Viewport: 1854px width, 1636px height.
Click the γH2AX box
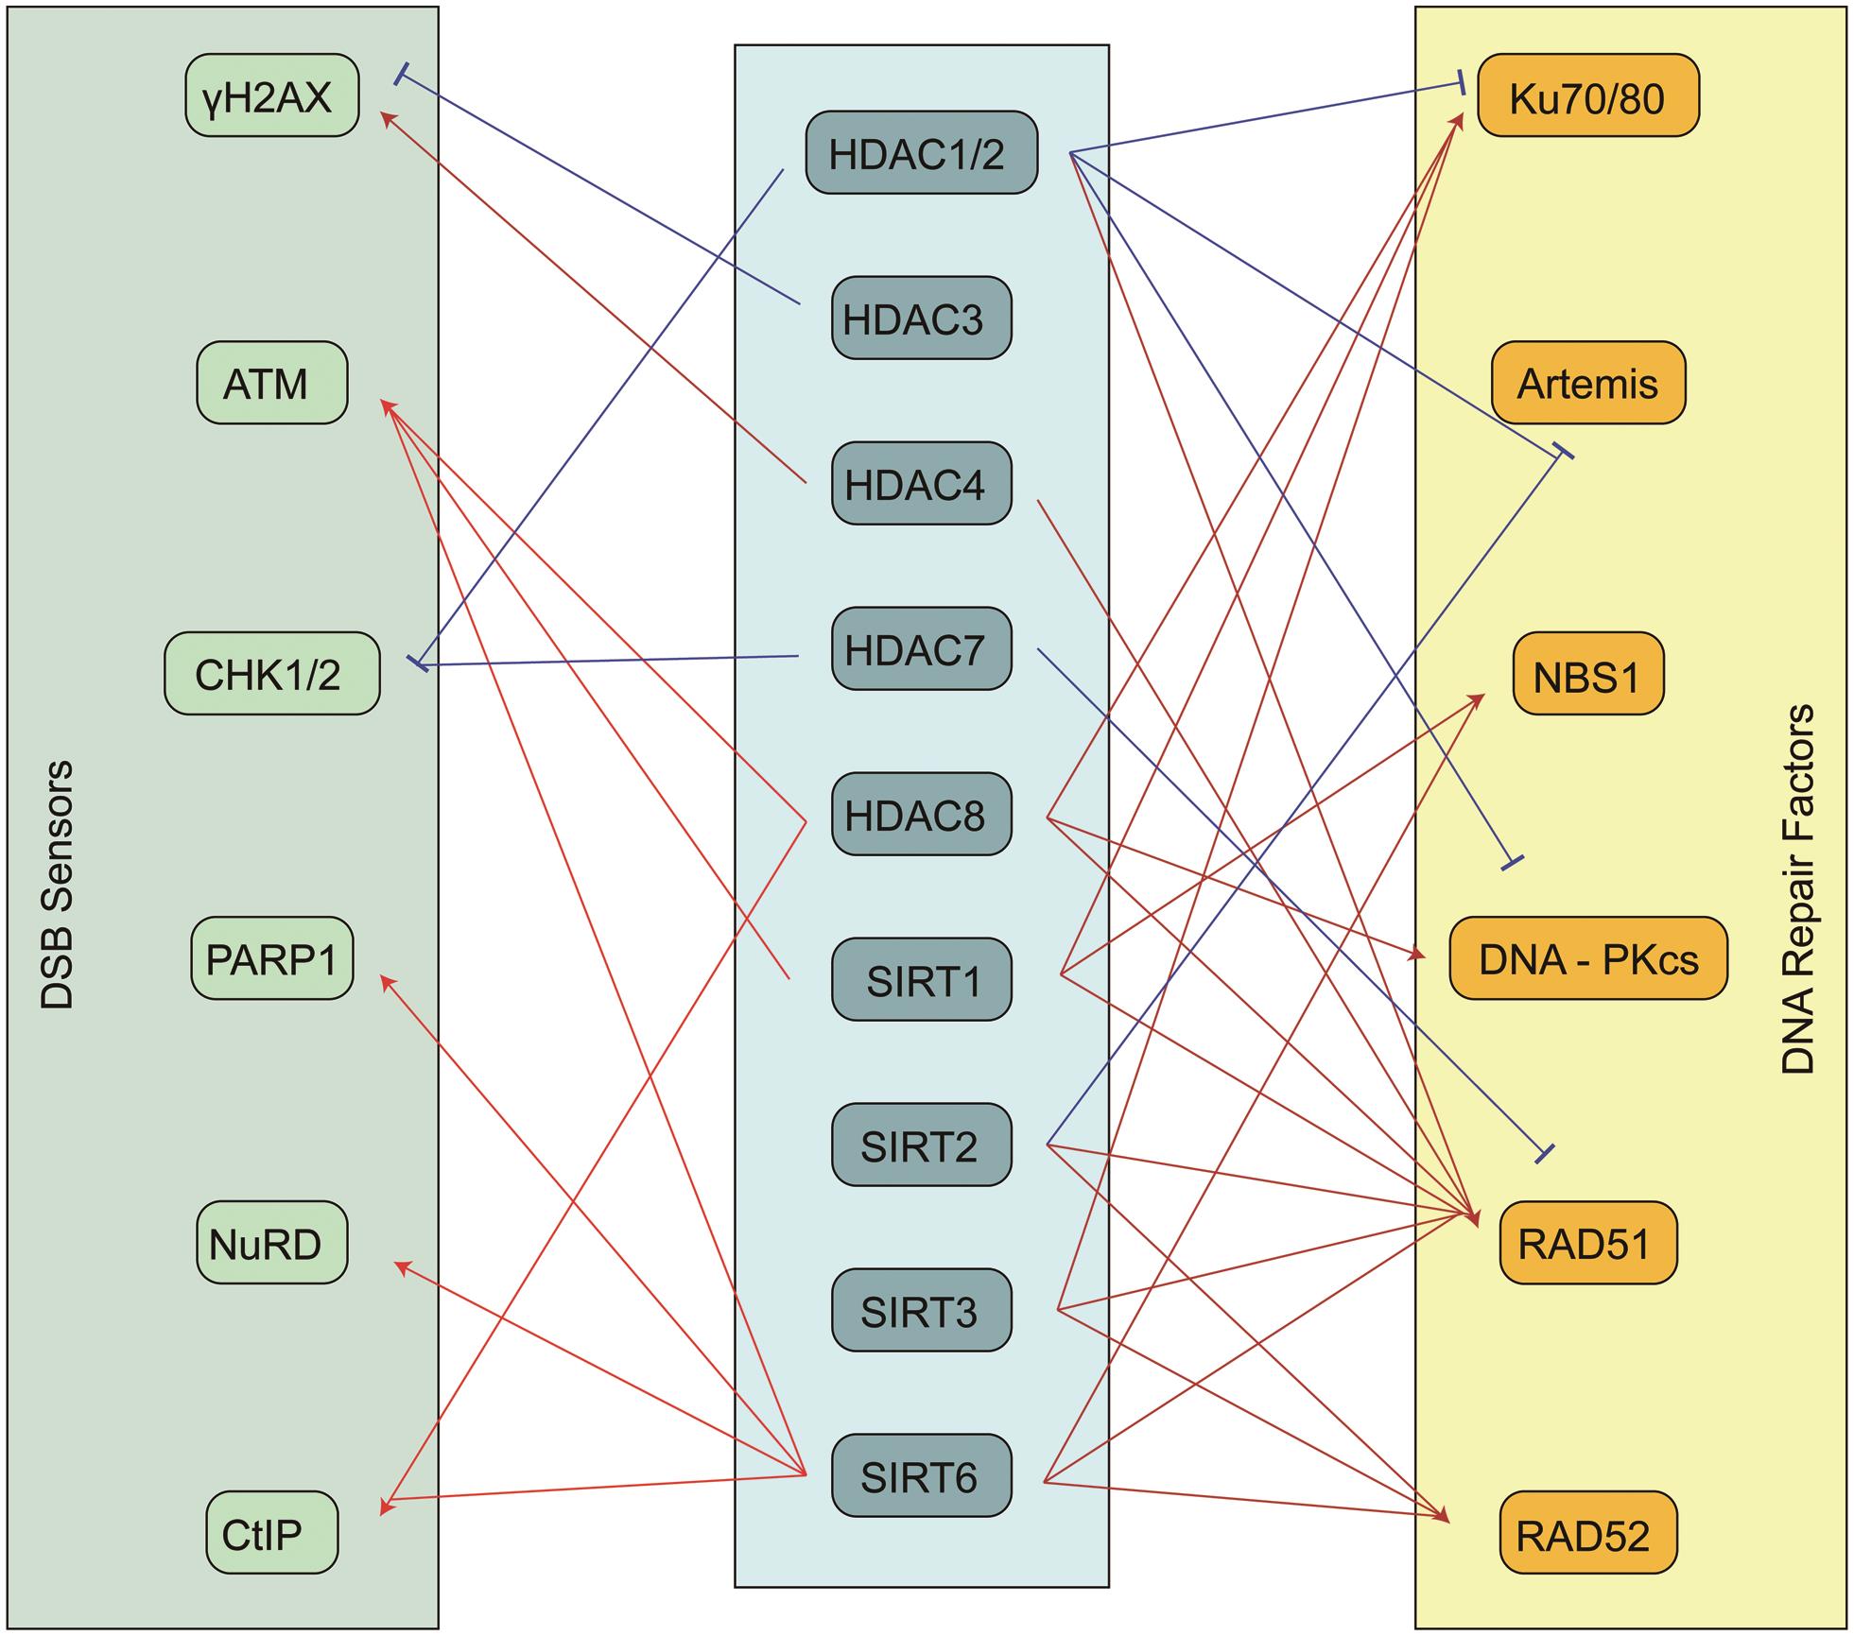[271, 95]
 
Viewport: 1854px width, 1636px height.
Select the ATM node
[271, 383]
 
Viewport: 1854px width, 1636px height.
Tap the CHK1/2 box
[271, 673]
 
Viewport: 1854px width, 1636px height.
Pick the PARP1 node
[271, 958]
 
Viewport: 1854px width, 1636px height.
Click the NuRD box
[271, 1243]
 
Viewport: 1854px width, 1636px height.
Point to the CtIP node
[271, 1532]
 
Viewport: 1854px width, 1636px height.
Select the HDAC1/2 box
[921, 153]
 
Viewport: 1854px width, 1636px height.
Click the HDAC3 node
[921, 319]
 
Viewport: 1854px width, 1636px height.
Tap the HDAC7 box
[921, 649]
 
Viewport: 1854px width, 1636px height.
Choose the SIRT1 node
[921, 980]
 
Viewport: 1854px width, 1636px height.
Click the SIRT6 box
[921, 1476]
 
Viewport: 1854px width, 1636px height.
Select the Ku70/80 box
[1587, 96]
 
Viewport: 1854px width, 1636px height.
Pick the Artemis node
[1587, 383]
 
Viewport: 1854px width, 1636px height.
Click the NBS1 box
[1587, 674]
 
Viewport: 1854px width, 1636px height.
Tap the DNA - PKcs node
[1587, 958]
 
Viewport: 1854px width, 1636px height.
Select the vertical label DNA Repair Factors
[1797, 888]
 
